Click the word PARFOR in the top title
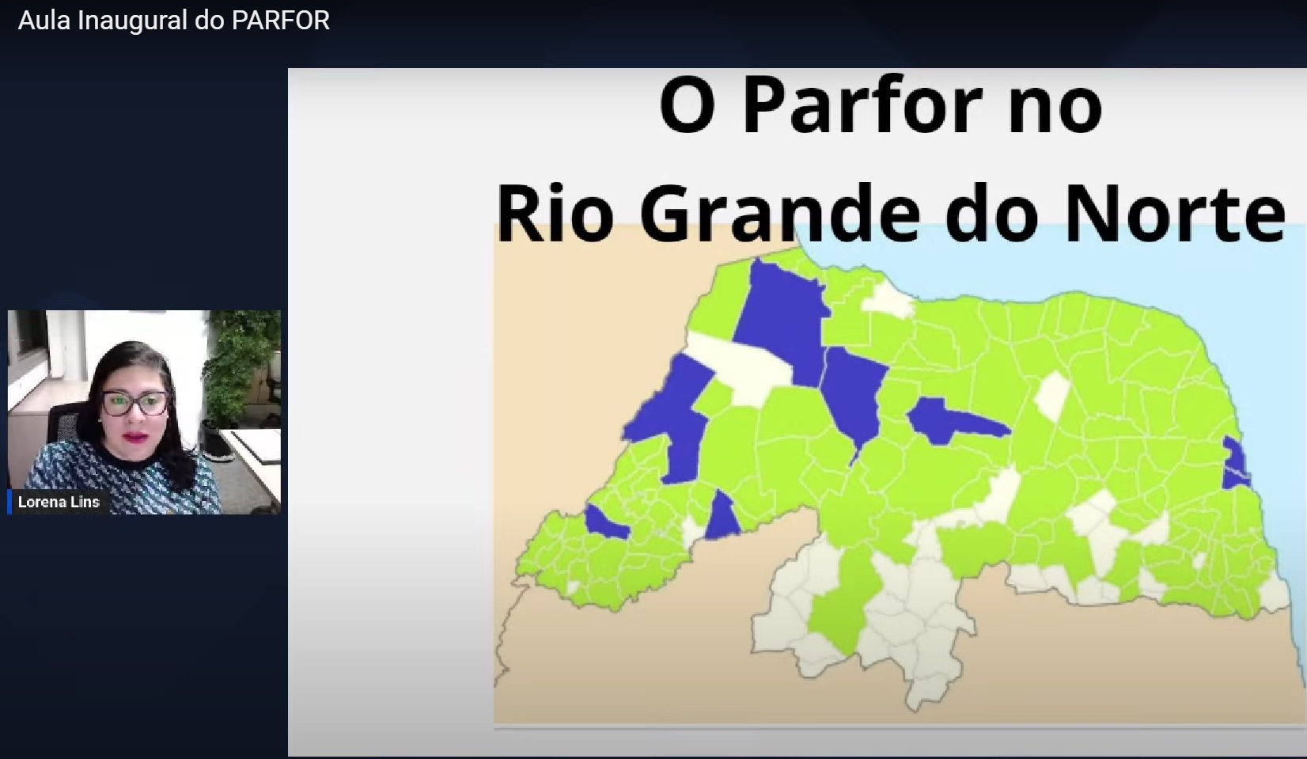point(281,21)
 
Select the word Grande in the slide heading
point(779,213)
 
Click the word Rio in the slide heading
point(555,213)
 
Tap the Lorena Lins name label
point(59,502)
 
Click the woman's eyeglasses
point(134,403)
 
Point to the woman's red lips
point(135,437)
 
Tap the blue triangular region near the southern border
point(722,518)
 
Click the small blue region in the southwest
point(607,522)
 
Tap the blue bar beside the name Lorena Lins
point(9,502)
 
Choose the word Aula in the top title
point(44,21)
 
